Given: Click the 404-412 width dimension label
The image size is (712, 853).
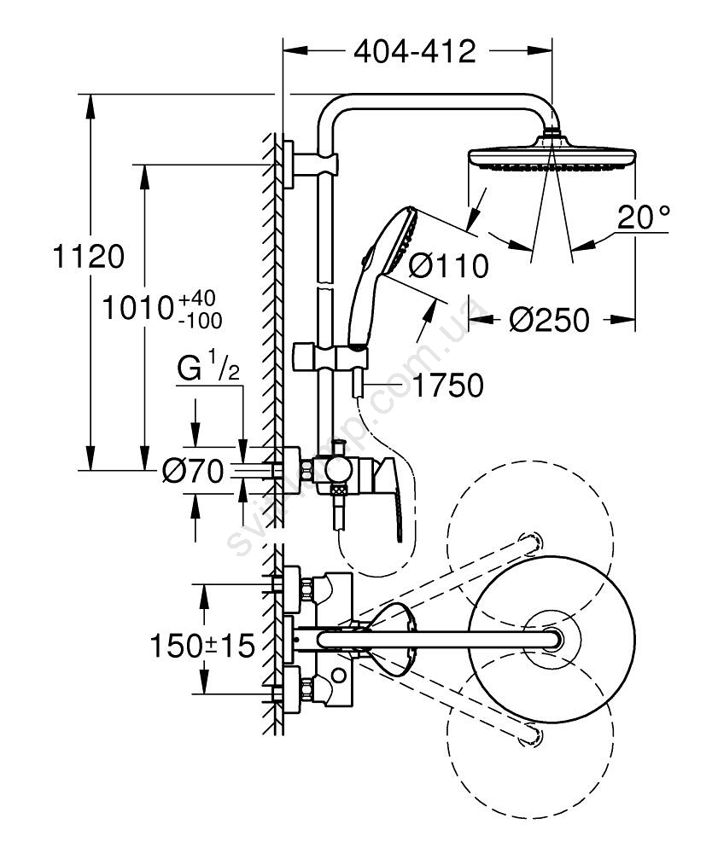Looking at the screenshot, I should pos(415,52).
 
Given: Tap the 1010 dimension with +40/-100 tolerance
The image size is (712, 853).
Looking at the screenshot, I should pos(162,308).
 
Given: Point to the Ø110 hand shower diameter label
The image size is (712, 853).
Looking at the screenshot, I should pos(448,265).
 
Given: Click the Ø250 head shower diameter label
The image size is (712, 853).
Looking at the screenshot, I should pos(549,320).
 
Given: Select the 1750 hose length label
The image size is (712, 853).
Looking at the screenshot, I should pos(448,386).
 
